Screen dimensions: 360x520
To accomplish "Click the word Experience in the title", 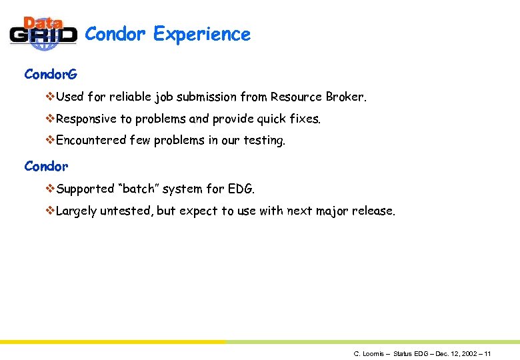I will coord(201,34).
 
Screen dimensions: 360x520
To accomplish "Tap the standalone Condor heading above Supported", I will coord(46,166).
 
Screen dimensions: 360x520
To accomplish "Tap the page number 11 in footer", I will coord(487,353).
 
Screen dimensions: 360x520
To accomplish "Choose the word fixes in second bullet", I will coord(305,119).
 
